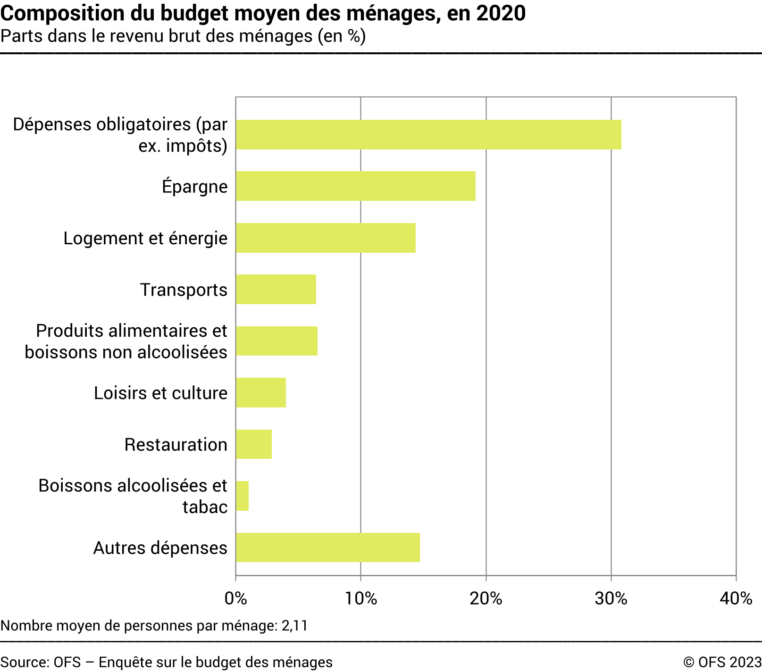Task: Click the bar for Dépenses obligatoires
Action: [428, 135]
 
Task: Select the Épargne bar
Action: [356, 186]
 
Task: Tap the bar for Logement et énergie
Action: [326, 238]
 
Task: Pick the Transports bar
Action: [276, 290]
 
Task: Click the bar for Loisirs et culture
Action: [261, 392]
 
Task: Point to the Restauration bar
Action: [254, 444]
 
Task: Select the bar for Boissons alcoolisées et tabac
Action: [243, 496]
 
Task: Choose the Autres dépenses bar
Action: [328, 548]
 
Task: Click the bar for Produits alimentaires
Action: [276, 341]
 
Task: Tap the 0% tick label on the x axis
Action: [235, 598]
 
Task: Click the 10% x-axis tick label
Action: [360, 598]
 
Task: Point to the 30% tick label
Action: [611, 598]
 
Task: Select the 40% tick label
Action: [736, 598]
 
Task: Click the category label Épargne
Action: [194, 187]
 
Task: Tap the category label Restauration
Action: [176, 445]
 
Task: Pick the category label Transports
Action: [184, 290]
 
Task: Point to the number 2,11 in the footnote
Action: [294, 626]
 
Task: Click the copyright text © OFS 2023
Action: [722, 662]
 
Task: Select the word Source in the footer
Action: [24, 662]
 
